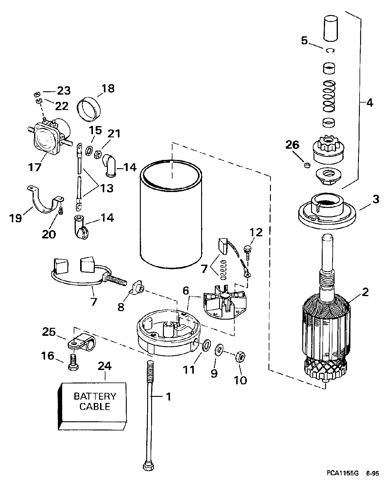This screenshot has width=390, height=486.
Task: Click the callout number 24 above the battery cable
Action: tap(105, 366)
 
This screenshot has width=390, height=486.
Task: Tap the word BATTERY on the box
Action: tap(95, 396)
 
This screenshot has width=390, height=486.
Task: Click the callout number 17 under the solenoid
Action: tap(35, 167)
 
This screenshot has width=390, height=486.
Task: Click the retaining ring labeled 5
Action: tap(330, 50)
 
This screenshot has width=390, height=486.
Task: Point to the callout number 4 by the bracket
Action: tap(369, 103)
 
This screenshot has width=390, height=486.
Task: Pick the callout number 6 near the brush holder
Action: tap(186, 291)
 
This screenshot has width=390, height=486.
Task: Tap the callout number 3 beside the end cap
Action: tap(376, 200)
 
